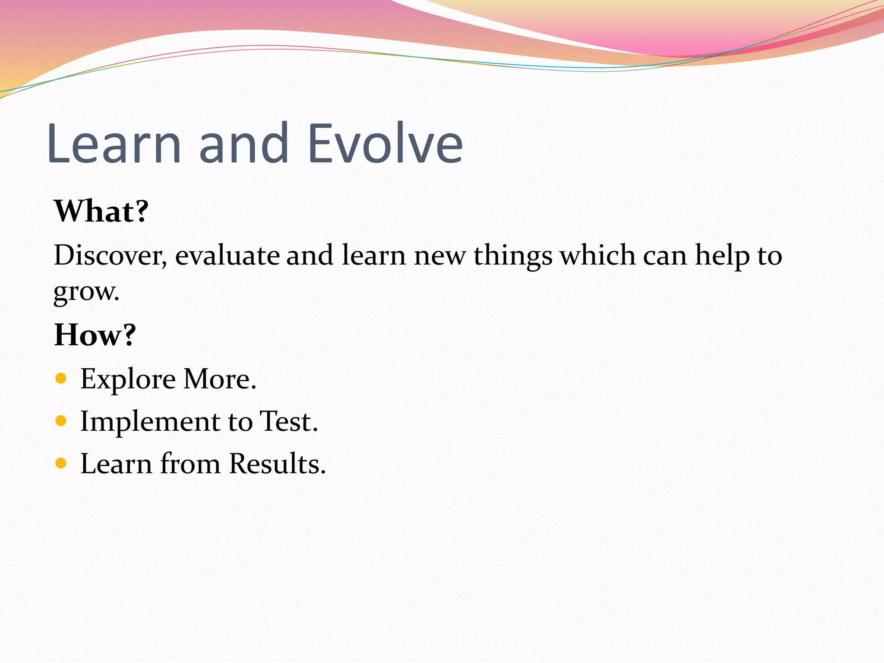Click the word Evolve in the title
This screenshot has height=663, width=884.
pyautogui.click(x=385, y=144)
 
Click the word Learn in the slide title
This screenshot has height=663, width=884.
pyautogui.click(x=114, y=144)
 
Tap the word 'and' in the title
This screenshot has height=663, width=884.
pyautogui.click(x=243, y=144)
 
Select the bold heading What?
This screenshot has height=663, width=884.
pyautogui.click(x=101, y=211)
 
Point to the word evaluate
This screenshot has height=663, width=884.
pyautogui.click(x=227, y=255)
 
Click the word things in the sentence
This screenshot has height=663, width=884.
pyautogui.click(x=513, y=256)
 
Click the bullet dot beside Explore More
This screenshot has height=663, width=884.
pyautogui.click(x=61, y=379)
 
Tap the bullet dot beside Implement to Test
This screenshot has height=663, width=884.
pyautogui.click(x=61, y=421)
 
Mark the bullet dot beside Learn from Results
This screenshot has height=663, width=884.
pyautogui.click(x=61, y=463)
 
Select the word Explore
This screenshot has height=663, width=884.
pyautogui.click(x=128, y=379)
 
